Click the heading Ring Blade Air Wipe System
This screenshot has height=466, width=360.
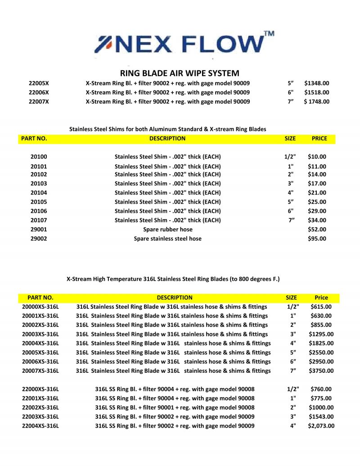point(180,73)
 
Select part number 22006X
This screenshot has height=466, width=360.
point(39,92)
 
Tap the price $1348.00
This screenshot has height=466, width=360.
point(317,83)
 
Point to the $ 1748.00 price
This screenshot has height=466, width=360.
point(317,101)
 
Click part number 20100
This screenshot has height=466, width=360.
point(39,157)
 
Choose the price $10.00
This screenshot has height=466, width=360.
point(317,157)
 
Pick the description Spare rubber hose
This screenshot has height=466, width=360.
point(167,229)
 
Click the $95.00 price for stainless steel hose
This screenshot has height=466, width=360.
point(317,239)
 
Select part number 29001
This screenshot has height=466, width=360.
point(39,229)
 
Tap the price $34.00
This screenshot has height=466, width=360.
point(317,220)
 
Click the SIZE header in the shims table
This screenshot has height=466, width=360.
point(290,138)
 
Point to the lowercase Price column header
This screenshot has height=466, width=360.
point(321,298)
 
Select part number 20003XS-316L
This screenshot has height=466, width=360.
point(40,334)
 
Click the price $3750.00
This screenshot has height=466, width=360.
point(322,371)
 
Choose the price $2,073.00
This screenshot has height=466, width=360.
point(321,425)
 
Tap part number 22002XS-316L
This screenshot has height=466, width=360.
point(40,407)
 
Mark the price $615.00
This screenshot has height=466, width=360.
point(321,307)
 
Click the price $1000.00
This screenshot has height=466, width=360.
point(321,407)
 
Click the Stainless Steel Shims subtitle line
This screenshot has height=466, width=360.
point(167,129)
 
